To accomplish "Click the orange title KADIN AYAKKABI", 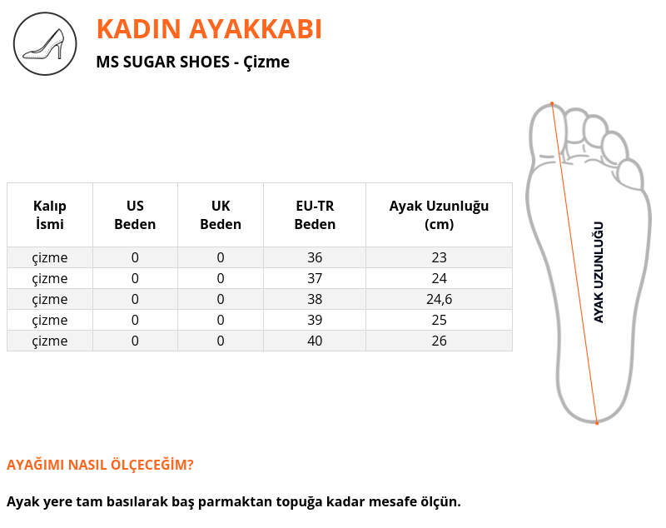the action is pos(209,29).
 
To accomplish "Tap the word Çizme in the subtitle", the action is pos(266,62).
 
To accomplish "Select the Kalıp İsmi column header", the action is pos(50,215).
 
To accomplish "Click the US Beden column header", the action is pos(135,215).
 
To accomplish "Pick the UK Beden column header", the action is pos(221,215).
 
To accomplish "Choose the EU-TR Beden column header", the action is pos(315,215).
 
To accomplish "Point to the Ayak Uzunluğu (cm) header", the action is pos(439,215).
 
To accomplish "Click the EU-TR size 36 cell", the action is pos(315,257).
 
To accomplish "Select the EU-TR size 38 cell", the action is pos(315,299).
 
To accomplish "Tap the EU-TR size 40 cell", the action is pos(315,341).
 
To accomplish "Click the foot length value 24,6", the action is pos(440,300).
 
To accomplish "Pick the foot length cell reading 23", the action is pos(440,257).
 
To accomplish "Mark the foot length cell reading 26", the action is pos(440,341).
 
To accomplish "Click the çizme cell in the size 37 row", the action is pos(50,279).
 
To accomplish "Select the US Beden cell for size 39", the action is pos(135,320).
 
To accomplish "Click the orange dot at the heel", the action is pos(597,423).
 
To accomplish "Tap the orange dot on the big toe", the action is pos(552,103).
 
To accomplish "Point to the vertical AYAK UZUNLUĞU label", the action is pos(599,272).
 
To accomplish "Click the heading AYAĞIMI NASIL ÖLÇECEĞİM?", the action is pos(100,464).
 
